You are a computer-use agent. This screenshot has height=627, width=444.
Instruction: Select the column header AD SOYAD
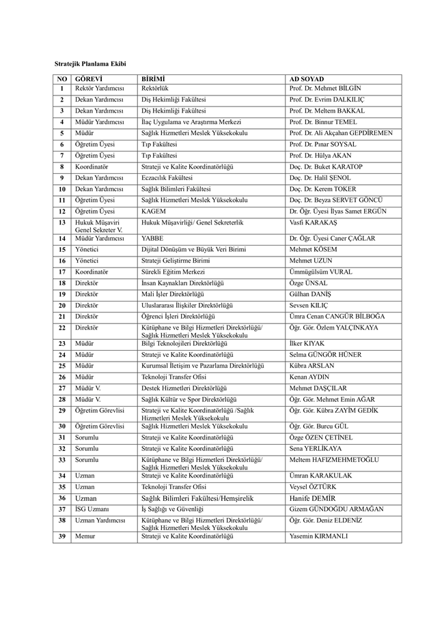pyautogui.click(x=306, y=79)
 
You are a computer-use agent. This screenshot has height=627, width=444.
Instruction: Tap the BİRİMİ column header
pyautogui.click(x=154, y=79)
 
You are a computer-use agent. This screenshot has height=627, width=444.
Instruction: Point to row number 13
pyautogui.click(x=61, y=222)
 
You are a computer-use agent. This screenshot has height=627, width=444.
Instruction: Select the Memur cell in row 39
pyautogui.click(x=85, y=536)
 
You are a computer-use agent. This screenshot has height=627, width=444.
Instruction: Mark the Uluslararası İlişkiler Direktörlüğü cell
pyautogui.click(x=187, y=306)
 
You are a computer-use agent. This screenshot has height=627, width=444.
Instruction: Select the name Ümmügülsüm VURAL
pyautogui.click(x=320, y=272)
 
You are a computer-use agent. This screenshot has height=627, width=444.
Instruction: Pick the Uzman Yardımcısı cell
pyautogui.click(x=100, y=520)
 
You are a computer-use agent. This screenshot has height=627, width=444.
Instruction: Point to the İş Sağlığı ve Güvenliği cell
pyautogui.click(x=172, y=509)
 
